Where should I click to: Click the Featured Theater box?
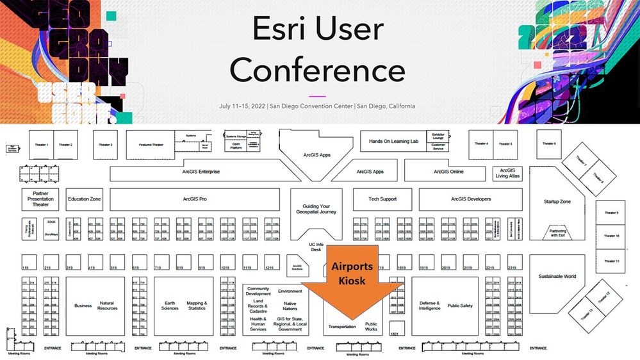click(x=151, y=145)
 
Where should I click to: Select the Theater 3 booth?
click(x=106, y=145)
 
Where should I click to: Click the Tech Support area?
click(x=383, y=199)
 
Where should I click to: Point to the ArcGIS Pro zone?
click(x=194, y=199)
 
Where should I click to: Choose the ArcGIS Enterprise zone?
click(x=201, y=172)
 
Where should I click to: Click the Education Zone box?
click(x=85, y=199)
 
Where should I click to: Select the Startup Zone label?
click(x=557, y=202)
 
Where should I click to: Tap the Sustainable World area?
click(x=557, y=277)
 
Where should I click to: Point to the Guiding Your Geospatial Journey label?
click(x=315, y=209)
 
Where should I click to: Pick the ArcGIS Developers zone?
click(x=471, y=199)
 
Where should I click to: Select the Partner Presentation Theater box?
click(x=40, y=199)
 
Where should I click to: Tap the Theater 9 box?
click(x=612, y=213)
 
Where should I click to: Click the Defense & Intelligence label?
click(x=429, y=306)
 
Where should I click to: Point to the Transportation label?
click(x=342, y=327)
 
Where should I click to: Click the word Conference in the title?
click(x=317, y=70)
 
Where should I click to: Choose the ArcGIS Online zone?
click(x=448, y=172)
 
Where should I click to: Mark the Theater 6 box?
click(x=550, y=143)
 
